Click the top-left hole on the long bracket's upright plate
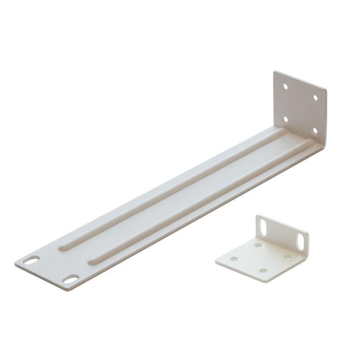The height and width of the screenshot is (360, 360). [x=286, y=86]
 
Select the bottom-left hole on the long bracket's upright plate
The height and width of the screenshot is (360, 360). [x=285, y=118]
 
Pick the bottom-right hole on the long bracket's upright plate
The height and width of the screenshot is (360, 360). [x=314, y=130]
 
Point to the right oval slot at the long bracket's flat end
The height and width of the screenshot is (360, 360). [x=70, y=278]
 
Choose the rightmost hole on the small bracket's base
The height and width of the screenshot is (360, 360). [x=287, y=257]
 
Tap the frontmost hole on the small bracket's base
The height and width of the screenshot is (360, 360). [x=262, y=271]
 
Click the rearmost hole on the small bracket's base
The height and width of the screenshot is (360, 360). [x=258, y=246]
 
